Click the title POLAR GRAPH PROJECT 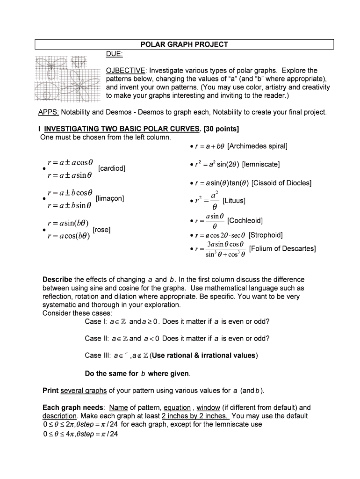184,44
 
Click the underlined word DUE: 115,54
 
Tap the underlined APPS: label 49,112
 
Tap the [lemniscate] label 261,164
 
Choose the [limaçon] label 109,198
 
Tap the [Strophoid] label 266,235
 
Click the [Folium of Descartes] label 282,248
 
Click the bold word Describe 57,279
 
